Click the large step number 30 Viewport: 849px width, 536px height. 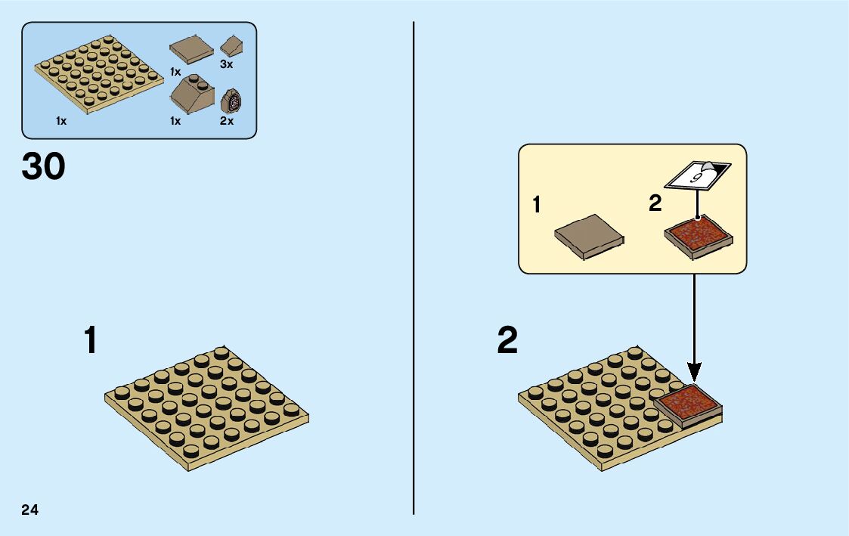pyautogui.click(x=44, y=167)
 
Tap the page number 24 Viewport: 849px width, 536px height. pyautogui.click(x=30, y=509)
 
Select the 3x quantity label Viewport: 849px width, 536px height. pyautogui.click(x=227, y=65)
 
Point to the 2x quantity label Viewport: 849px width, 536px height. pyautogui.click(x=227, y=121)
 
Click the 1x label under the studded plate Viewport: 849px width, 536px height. pyautogui.click(x=61, y=121)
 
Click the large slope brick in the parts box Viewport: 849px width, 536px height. pyautogui.click(x=192, y=95)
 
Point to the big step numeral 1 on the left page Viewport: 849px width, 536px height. pyautogui.click(x=91, y=340)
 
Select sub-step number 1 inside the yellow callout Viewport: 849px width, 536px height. pyautogui.click(x=537, y=205)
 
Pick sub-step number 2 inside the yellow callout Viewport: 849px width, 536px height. pyautogui.click(x=655, y=205)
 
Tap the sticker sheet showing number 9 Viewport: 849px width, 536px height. pyautogui.click(x=697, y=176)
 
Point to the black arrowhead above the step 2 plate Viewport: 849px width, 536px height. pyautogui.click(x=694, y=372)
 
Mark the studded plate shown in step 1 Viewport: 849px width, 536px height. pyautogui.click(x=206, y=408)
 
